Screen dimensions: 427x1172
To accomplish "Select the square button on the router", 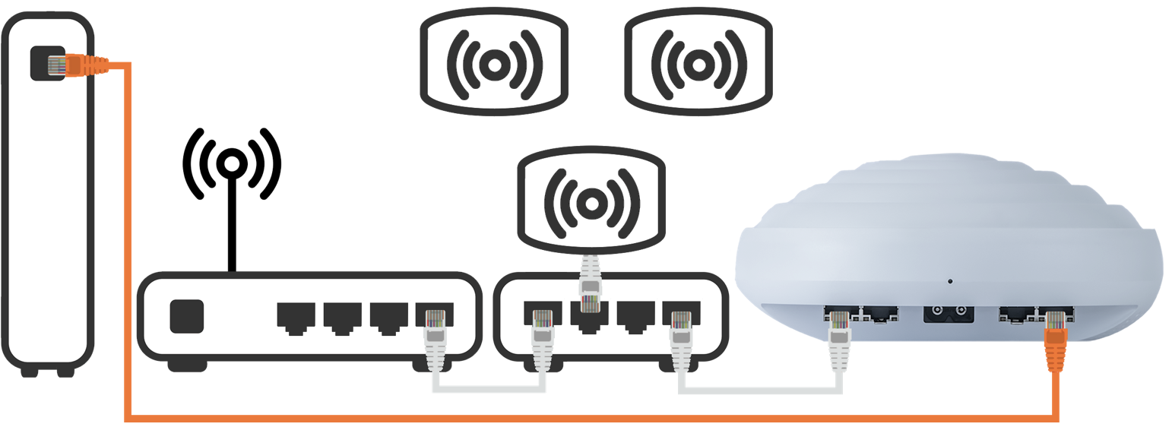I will pyautogui.click(x=187, y=315).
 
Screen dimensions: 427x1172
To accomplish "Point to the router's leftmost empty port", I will pyautogui.click(x=296, y=316).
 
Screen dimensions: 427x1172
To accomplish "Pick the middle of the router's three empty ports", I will pyautogui.click(x=342, y=316).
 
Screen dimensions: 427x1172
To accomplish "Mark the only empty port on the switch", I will pyautogui.click(x=635, y=316).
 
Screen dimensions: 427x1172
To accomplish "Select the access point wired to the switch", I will pyautogui.click(x=590, y=201).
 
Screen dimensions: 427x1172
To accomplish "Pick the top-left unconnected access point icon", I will pyautogui.click(x=494, y=64).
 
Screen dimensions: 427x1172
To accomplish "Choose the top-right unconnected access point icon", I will pyautogui.click(x=698, y=64).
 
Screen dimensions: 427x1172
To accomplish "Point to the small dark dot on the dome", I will pyautogui.click(x=950, y=282).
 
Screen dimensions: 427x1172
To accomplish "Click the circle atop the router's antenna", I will pyautogui.click(x=231, y=163).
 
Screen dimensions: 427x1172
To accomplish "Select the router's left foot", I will pyautogui.click(x=187, y=366).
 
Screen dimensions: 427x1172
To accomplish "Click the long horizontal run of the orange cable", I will pyautogui.click(x=593, y=417).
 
